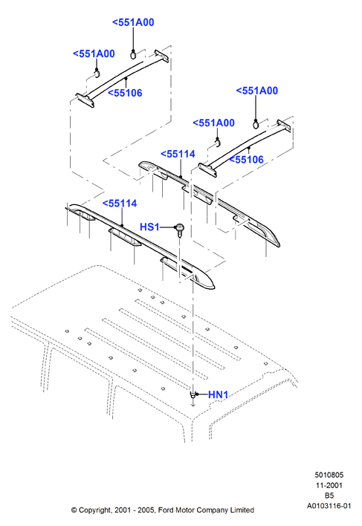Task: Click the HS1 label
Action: [149, 227]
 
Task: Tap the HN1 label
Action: [218, 394]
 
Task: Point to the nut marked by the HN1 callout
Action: [193, 394]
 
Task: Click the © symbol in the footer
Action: [74, 510]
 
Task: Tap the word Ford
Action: [166, 510]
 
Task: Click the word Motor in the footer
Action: [184, 510]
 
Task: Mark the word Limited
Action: [242, 510]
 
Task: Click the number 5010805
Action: [329, 475]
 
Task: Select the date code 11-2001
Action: [329, 485]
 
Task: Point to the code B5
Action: [329, 496]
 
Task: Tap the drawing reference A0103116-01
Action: [329, 506]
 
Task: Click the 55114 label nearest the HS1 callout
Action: [120, 204]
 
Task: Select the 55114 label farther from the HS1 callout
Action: [178, 154]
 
